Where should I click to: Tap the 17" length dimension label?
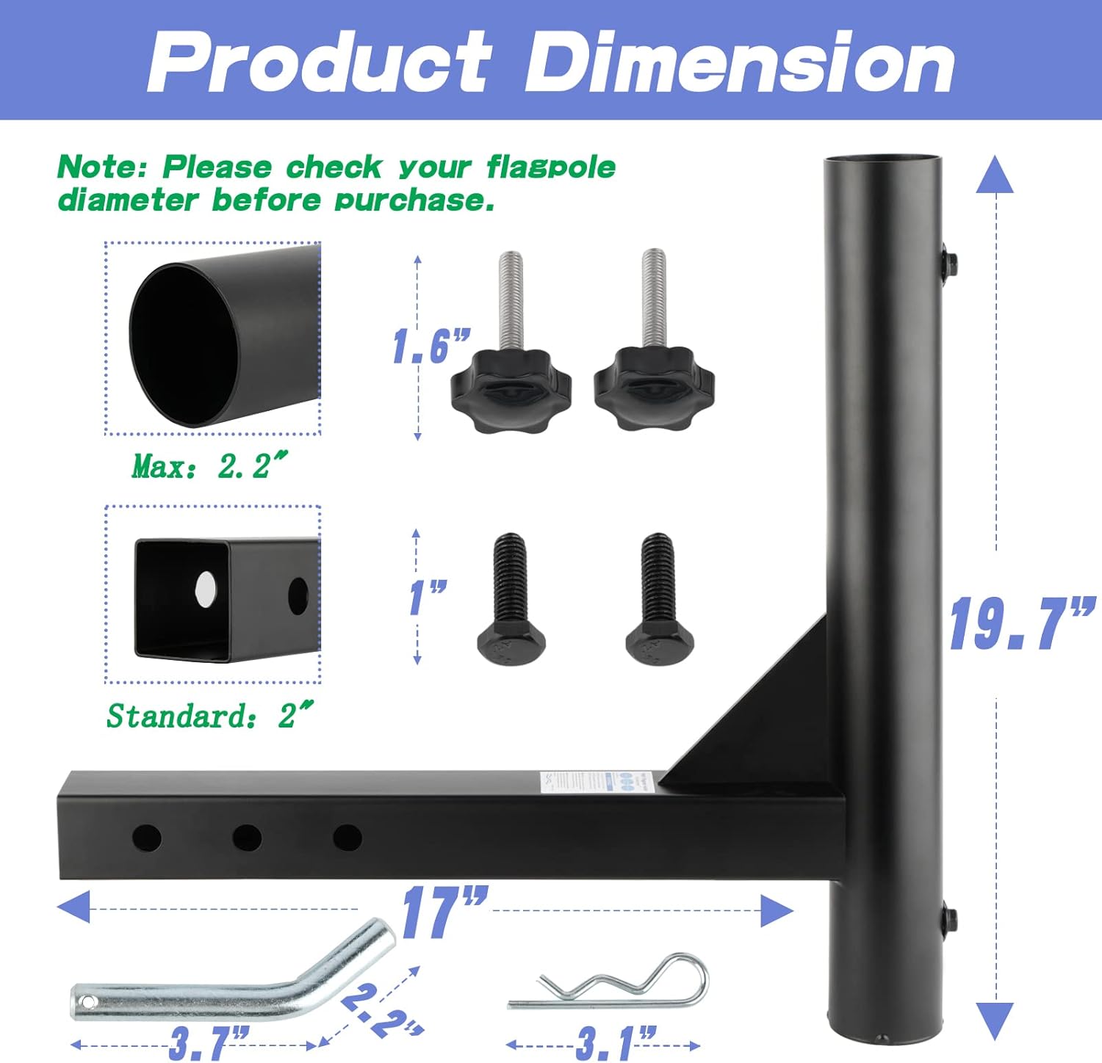click(x=444, y=912)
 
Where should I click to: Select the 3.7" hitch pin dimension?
click(x=209, y=1042)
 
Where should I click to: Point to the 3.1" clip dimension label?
click(x=616, y=1042)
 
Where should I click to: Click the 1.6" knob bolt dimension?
click(x=431, y=346)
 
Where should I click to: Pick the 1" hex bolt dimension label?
click(x=428, y=597)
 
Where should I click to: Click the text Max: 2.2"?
click(x=209, y=465)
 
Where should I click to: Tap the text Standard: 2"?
click(x=210, y=715)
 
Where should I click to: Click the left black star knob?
click(x=511, y=389)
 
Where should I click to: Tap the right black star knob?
click(x=654, y=389)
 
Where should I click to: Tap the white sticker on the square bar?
click(x=577, y=781)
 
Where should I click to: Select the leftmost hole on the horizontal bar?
click(x=146, y=837)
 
